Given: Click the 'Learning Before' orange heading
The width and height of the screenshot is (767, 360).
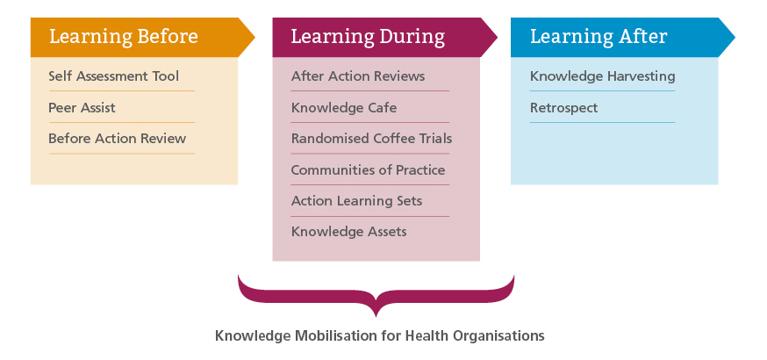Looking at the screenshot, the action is tap(123, 37).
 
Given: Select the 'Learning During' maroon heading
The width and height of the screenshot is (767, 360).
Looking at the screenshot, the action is tap(368, 37).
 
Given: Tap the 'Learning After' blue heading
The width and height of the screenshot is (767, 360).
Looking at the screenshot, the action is tap(599, 37).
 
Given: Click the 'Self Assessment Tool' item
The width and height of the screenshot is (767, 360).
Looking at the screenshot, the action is tap(114, 76).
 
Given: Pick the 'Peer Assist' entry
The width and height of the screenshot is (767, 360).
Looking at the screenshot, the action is tap(82, 108).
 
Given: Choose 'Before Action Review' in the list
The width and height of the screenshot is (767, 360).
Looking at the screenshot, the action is tap(118, 139).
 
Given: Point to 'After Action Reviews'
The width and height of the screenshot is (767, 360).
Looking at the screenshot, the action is tap(358, 76).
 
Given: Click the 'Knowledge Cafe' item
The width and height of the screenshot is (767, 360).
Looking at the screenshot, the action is tap(344, 108).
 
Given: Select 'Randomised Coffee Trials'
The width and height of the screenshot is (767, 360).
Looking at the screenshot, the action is tap(372, 139).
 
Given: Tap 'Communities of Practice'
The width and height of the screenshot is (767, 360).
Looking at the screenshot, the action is tap(369, 170).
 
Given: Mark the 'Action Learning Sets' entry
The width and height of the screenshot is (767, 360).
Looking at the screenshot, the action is tap(356, 201).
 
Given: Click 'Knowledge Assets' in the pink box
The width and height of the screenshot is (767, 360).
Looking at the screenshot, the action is tap(348, 231).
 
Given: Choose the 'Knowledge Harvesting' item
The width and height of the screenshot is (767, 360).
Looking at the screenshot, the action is tap(603, 76).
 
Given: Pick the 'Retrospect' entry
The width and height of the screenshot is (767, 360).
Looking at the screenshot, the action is tap(564, 108).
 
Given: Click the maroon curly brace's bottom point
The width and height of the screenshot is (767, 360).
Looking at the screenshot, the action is tap(376, 316).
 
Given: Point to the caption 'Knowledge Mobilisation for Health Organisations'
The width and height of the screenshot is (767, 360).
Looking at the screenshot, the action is tap(380, 336).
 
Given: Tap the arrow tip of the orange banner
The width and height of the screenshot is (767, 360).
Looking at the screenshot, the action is tap(254, 37).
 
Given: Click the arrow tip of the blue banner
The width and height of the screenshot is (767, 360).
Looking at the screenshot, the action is tap(735, 37).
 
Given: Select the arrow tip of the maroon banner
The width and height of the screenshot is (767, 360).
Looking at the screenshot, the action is tap(497, 37).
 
